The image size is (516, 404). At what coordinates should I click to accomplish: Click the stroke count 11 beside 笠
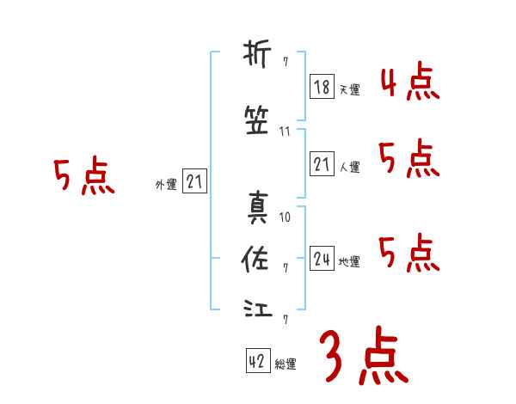(x=286, y=132)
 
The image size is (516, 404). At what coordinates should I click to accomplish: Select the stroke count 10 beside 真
(x=286, y=217)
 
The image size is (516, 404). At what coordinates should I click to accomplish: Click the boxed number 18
(x=322, y=86)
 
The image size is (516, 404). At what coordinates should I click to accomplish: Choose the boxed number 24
(x=322, y=259)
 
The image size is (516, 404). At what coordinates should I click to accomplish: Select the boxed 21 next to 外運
(x=194, y=181)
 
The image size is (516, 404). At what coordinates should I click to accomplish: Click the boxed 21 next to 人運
(x=322, y=164)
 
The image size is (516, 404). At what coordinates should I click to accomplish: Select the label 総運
(x=286, y=364)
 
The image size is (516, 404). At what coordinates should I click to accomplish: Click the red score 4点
(x=409, y=83)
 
